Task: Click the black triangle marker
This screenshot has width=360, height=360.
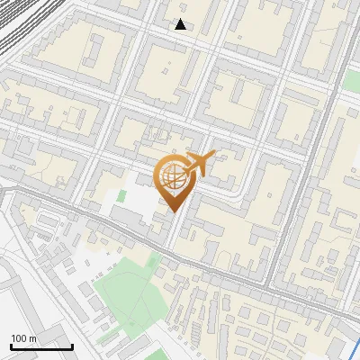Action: (181, 24)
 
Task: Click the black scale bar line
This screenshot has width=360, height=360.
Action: (41, 346)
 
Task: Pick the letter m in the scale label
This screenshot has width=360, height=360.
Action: (32, 338)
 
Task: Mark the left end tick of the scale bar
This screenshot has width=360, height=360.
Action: (11, 346)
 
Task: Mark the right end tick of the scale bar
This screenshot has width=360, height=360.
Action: (72, 346)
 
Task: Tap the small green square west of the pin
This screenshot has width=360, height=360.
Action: (122, 194)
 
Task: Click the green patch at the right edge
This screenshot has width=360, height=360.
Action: (352, 81)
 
